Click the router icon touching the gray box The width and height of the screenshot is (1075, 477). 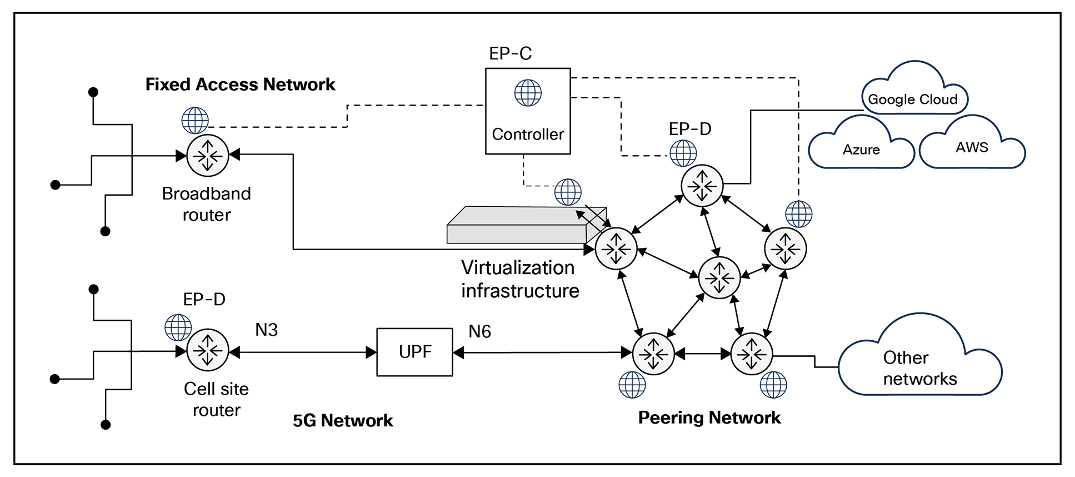pos(616,249)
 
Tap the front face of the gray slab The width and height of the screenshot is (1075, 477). pos(517,234)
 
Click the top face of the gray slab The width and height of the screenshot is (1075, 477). pos(517,216)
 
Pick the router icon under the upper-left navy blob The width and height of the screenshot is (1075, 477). pos(208,156)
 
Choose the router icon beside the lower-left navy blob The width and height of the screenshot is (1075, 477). pos(208,350)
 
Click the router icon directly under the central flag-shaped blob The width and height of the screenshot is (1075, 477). pos(702,186)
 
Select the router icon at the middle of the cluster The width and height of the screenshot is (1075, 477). pos(719,277)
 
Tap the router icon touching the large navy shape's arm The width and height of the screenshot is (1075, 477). pos(786,249)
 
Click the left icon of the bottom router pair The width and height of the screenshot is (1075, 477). pos(653,354)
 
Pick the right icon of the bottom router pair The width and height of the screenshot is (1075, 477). pos(752,354)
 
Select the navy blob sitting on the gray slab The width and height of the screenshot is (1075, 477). pos(576,185)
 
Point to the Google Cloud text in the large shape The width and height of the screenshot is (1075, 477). pos(914,99)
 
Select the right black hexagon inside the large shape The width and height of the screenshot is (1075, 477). pos(969,146)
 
